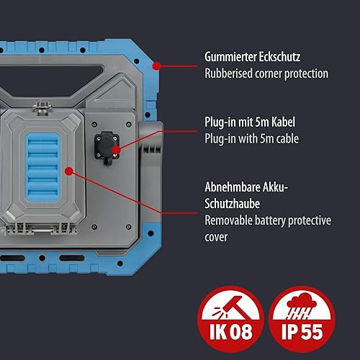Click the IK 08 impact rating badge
[230, 319]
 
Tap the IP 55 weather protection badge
[302, 319]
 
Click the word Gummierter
[230, 57]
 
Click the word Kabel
[283, 122]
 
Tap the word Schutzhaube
[232, 204]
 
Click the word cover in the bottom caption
[216, 237]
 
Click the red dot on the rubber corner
[157, 66]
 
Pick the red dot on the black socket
[116, 150]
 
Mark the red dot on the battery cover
[69, 171]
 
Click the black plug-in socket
[107, 147]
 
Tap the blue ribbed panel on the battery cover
[42, 167]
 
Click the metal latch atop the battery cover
[42, 108]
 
